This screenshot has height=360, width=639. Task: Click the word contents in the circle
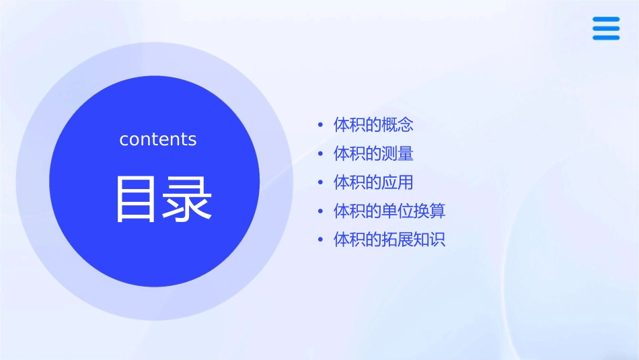[x=158, y=139]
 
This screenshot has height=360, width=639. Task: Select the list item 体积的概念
[x=373, y=124]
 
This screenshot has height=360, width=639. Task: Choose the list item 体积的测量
[x=373, y=153]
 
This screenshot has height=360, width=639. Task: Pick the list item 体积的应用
[x=373, y=182]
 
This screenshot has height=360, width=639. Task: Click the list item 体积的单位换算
[x=389, y=211]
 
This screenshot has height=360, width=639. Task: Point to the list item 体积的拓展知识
[x=389, y=240]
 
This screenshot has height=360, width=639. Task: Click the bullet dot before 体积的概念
[x=321, y=125]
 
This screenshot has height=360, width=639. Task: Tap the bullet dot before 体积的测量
[x=321, y=154]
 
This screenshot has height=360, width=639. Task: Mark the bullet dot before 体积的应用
[x=321, y=183]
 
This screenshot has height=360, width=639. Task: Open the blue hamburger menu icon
[x=606, y=28]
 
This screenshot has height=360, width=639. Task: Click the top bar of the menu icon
[x=606, y=20]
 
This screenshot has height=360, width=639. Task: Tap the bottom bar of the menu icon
[x=606, y=38]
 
